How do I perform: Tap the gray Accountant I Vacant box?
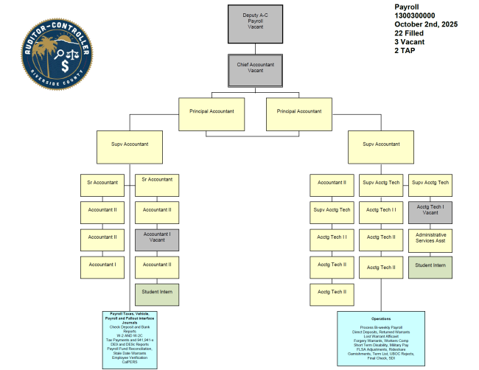coord(156,238)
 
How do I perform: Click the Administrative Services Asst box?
coord(430,239)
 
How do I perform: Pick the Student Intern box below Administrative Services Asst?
coord(430,265)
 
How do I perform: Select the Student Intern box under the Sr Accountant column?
coord(156,292)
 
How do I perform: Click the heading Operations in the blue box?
coord(381,318)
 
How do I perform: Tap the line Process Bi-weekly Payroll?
coord(381,326)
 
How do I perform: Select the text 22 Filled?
coord(410,34)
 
